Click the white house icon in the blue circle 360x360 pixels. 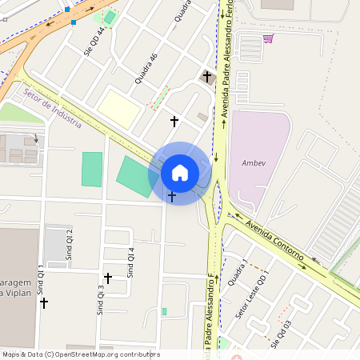[x=180, y=173]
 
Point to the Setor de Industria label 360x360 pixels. [x=53, y=108]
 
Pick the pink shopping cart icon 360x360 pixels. [x=268, y=38]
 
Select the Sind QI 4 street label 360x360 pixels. [x=132, y=262]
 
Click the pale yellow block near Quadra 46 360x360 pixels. [x=119, y=107]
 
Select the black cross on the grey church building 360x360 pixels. [x=207, y=77]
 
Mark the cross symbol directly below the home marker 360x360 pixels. [x=172, y=196]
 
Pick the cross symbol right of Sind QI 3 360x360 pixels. [x=108, y=278]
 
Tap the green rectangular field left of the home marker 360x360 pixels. [x=92, y=169]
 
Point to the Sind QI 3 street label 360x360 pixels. [x=101, y=300]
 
